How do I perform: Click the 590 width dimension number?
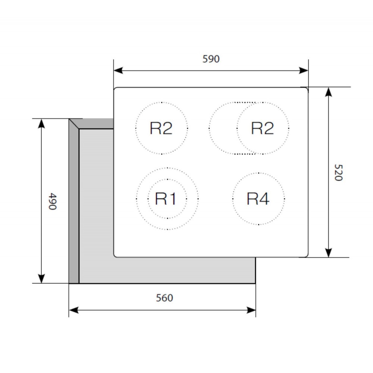click(x=211, y=59)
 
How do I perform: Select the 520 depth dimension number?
click(x=338, y=172)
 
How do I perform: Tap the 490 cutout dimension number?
click(x=52, y=201)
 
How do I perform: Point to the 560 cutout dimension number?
click(x=164, y=298)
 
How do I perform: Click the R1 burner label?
click(x=166, y=199)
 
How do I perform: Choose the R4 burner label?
click(x=258, y=199)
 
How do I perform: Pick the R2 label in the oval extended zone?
click(x=262, y=128)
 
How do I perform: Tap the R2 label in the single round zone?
click(x=161, y=128)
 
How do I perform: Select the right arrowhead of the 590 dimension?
click(x=304, y=70)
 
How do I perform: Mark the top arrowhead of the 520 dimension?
click(x=329, y=92)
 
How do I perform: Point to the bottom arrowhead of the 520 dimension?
click(x=329, y=253)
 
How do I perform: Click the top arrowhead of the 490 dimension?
click(x=41, y=123)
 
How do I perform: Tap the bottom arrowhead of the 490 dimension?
click(x=41, y=279)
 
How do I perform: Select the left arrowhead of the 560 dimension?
click(x=74, y=310)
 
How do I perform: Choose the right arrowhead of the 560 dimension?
click(x=251, y=310)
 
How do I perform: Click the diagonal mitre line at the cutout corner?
click(x=74, y=124)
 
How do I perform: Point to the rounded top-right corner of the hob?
click(x=306, y=89)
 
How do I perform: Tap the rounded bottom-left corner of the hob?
click(x=115, y=255)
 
